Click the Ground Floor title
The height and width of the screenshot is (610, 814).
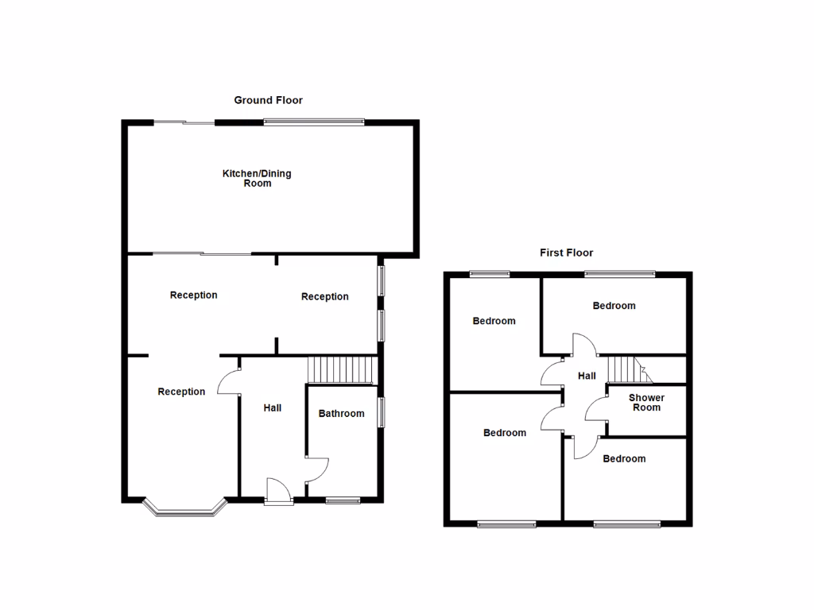[268, 100]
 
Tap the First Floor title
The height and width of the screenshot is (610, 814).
[566, 253]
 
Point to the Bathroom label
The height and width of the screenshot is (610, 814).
[341, 413]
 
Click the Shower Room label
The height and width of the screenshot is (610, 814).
[646, 403]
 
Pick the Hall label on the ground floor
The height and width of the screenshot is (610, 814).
[272, 407]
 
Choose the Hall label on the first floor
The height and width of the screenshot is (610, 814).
[587, 376]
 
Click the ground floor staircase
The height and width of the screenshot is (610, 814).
[341, 369]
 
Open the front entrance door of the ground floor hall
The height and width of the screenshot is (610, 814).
[278, 491]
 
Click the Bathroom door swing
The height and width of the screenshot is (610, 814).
[316, 469]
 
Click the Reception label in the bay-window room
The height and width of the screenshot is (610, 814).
[181, 392]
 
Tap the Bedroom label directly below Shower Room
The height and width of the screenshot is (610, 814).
[624, 458]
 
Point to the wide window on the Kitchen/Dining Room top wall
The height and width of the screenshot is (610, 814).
[314, 122]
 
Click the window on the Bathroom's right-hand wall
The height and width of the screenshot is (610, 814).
[381, 411]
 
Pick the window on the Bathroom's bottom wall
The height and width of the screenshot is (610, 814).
[343, 500]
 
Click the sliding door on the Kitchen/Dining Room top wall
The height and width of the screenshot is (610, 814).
[184, 122]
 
